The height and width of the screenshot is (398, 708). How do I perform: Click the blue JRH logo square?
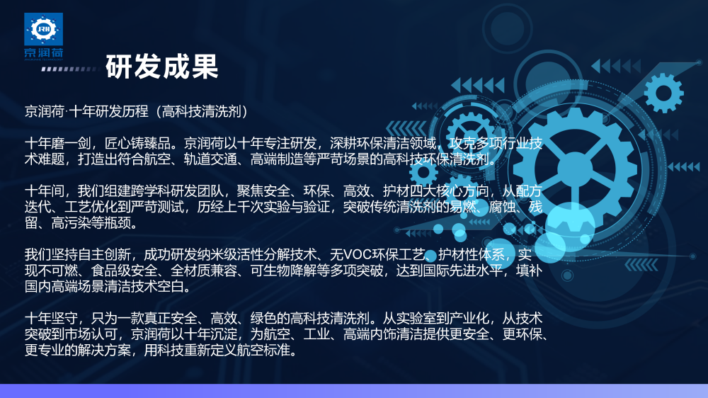(x=43, y=29)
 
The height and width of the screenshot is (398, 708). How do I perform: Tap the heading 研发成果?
(x=162, y=67)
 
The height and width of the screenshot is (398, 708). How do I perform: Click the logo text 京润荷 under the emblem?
(x=43, y=52)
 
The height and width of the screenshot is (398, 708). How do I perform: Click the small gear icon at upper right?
(x=663, y=93)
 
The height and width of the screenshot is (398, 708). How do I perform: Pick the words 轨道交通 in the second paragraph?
(x=210, y=159)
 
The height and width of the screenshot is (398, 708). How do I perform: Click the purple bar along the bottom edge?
(x=354, y=391)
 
